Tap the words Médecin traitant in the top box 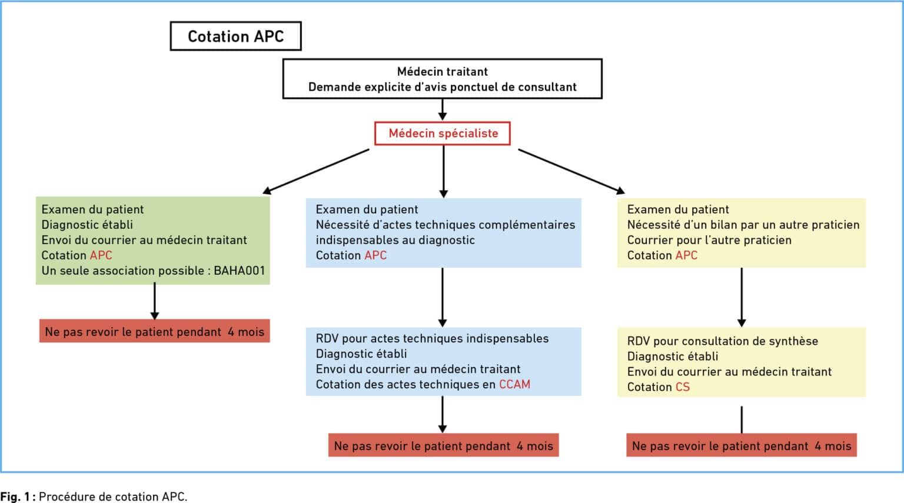[x=443, y=71]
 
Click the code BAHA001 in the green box [x=240, y=270]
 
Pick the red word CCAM [x=514, y=384]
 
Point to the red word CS [x=683, y=387]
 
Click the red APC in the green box [x=101, y=255]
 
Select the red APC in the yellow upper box [x=686, y=255]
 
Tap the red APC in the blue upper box [x=375, y=255]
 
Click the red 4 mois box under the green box [x=155, y=331]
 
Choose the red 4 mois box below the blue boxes [x=444, y=445]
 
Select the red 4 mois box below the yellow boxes [x=742, y=445]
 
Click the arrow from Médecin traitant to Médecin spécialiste [x=443, y=109]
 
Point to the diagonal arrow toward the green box [x=315, y=172]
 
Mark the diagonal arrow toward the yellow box [x=572, y=171]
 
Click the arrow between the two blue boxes [x=443, y=297]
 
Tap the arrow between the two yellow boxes [x=742, y=297]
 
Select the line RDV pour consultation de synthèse [x=722, y=341]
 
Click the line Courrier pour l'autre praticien [x=709, y=240]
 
